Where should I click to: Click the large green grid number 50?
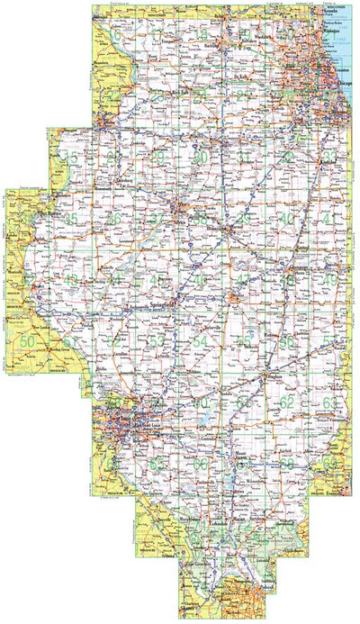(x=28, y=341)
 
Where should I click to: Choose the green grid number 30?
(x=202, y=158)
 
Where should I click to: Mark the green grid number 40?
(x=287, y=219)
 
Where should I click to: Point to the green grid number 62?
(x=287, y=402)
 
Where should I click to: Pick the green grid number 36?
(x=114, y=219)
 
